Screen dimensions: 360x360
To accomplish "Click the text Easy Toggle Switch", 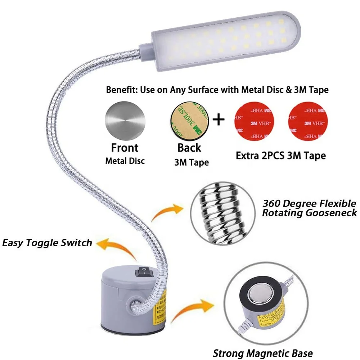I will (47, 243).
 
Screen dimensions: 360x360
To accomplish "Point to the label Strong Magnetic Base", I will (263, 353).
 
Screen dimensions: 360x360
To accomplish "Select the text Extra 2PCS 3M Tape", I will (280, 156).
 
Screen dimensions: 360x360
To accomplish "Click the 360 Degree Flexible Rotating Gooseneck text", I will (309, 208).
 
